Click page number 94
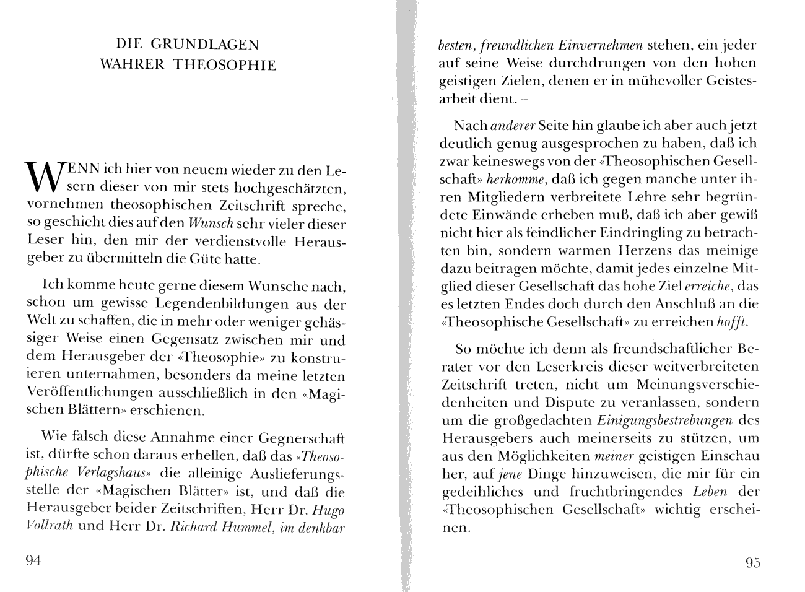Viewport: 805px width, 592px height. point(33,561)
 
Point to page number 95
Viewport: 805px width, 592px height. point(752,562)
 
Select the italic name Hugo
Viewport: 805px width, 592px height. point(328,510)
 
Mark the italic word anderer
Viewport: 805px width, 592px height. point(512,126)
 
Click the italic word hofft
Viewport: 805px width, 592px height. point(733,323)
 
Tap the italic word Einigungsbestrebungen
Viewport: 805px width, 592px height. point(665,420)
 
